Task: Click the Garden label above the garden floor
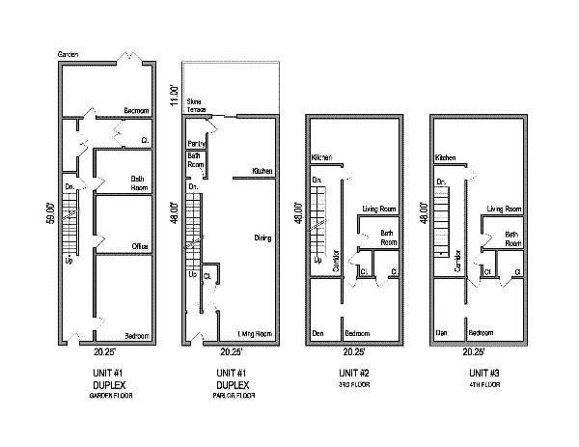68,53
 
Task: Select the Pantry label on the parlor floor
195,145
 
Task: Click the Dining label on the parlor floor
262,237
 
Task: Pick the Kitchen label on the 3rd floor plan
321,157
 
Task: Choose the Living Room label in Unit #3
505,209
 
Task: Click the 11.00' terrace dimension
175,98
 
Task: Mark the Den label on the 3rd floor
317,333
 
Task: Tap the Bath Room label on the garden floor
143,183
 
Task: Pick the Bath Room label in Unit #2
389,237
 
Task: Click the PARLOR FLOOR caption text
232,396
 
